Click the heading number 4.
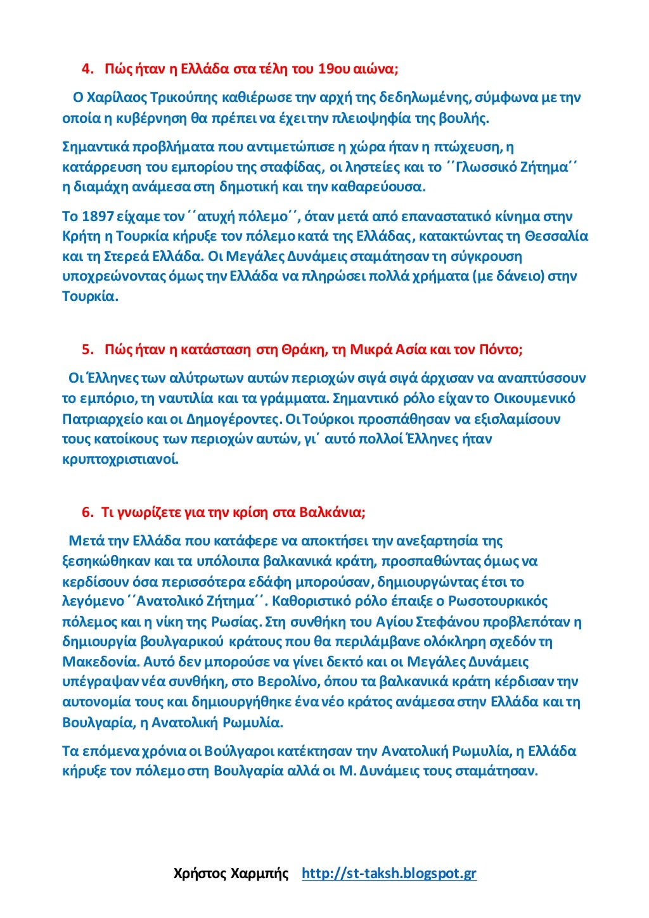point(87,68)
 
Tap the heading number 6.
point(87,512)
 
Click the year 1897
point(97,217)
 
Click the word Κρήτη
point(80,236)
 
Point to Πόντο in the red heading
point(498,350)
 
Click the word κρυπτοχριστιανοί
point(120,459)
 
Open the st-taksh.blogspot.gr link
point(389,874)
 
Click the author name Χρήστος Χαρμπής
point(231,874)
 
